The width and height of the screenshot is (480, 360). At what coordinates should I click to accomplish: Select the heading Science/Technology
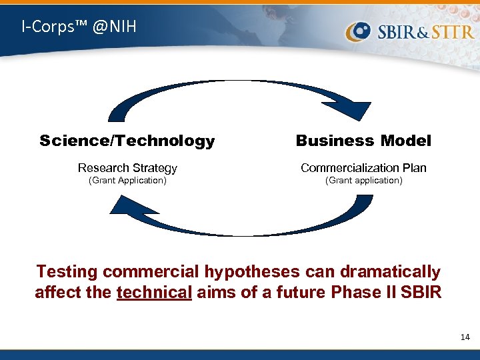point(127,141)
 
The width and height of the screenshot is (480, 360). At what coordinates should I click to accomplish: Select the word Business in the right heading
point(335,141)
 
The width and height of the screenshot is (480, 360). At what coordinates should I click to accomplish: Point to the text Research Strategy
point(127,168)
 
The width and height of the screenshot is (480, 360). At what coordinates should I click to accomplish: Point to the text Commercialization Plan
point(363,168)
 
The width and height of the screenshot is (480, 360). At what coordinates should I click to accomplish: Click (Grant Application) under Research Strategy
point(127,180)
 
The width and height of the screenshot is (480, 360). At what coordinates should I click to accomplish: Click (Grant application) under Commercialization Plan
point(363,180)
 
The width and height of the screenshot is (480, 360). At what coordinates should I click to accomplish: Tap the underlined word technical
point(154,292)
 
